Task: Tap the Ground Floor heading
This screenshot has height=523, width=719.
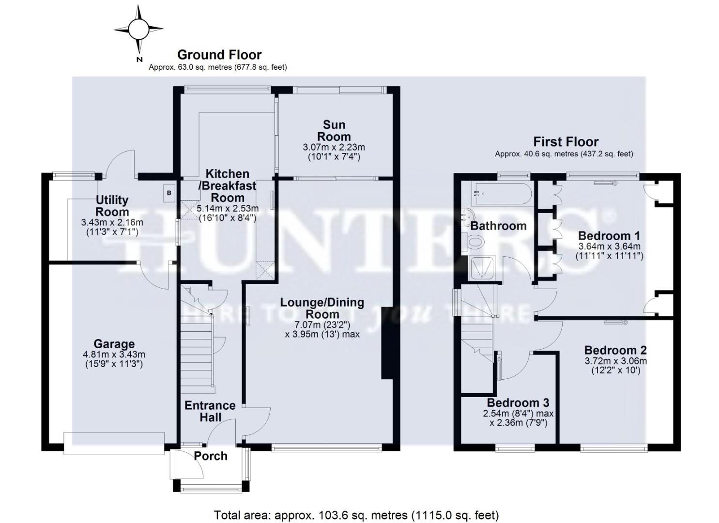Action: tap(219, 55)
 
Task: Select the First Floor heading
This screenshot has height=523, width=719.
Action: tap(566, 142)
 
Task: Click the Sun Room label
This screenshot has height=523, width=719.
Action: tap(334, 131)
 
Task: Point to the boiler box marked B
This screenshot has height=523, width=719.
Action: tap(168, 193)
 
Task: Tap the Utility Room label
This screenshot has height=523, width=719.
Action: tap(112, 206)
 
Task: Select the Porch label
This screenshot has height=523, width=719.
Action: tap(211, 456)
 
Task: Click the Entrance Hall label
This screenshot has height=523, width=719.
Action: tap(210, 411)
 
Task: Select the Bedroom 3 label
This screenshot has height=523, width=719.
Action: tap(518, 403)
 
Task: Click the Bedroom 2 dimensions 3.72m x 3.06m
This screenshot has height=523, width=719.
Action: tap(615, 361)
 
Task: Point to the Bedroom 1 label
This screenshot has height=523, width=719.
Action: tap(609, 236)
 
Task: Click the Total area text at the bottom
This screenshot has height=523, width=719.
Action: tap(356, 515)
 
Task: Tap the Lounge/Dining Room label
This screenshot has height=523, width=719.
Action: tap(322, 308)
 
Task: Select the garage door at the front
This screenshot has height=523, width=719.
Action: tap(114, 443)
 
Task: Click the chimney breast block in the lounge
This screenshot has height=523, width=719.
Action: tap(388, 342)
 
